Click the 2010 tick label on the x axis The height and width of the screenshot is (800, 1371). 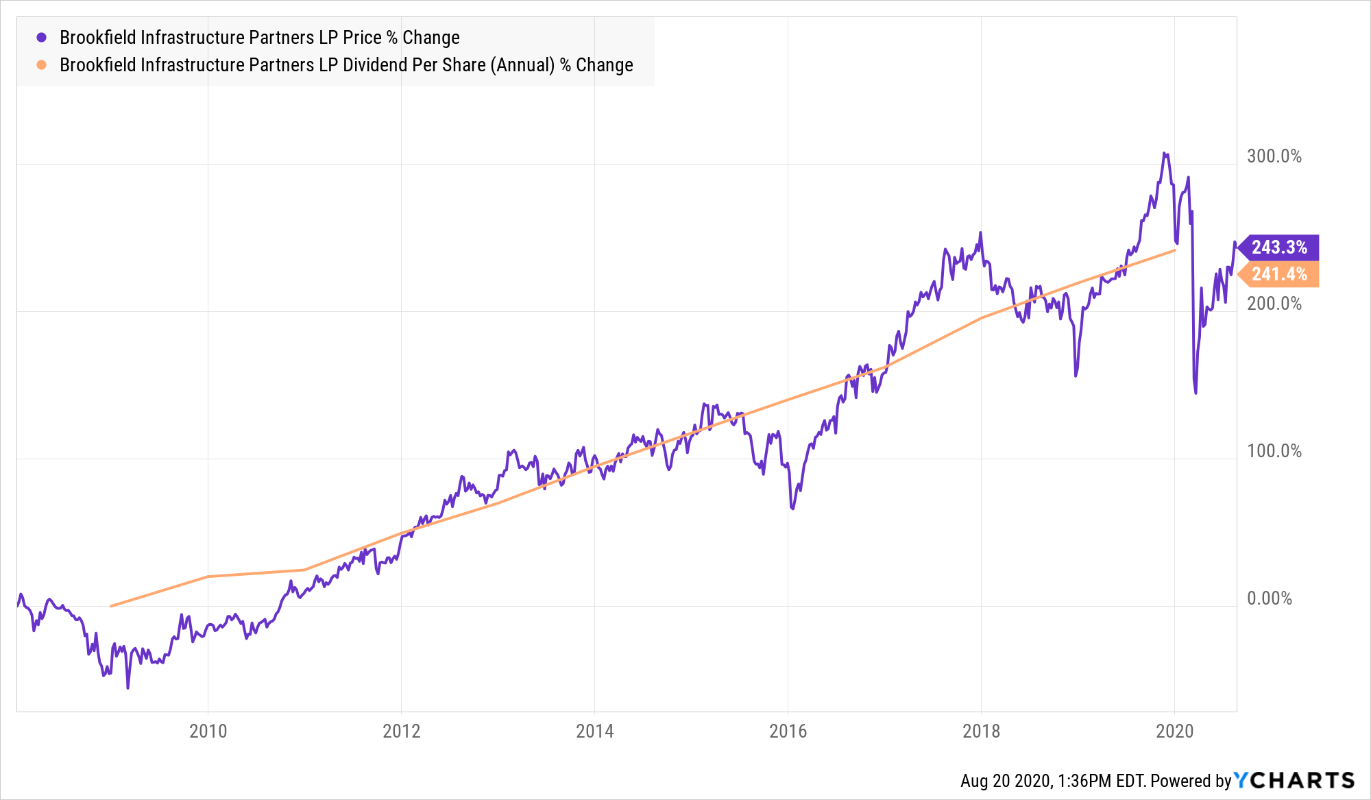(208, 731)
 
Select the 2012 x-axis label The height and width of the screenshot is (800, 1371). (401, 731)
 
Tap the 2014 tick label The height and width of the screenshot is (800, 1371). (594, 731)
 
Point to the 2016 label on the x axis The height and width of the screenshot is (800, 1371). (788, 731)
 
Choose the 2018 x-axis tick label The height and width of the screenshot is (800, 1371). (981, 731)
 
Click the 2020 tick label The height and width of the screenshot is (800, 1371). (1174, 731)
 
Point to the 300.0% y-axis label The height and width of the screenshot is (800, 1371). (1274, 156)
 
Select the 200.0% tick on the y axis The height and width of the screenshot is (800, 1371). (1274, 304)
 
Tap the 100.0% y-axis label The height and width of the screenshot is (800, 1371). (1274, 451)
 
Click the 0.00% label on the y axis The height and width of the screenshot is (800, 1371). (1269, 598)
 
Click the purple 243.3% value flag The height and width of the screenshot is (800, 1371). (1279, 247)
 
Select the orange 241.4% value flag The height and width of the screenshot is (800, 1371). (1279, 274)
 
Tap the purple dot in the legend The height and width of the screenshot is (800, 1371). (42, 38)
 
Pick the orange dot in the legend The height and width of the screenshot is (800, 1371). (42, 65)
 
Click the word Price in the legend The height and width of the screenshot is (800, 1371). (362, 38)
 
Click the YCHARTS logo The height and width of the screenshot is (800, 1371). (1294, 780)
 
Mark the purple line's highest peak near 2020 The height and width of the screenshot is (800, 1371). (1164, 154)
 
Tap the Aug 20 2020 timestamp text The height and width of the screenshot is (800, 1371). (1005, 781)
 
